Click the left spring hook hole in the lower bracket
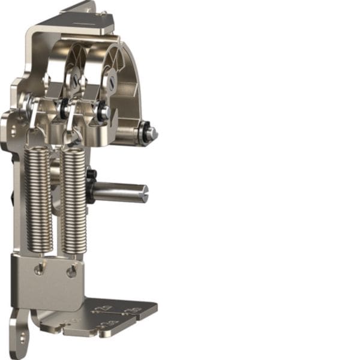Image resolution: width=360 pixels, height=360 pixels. pyautogui.click(x=39, y=270)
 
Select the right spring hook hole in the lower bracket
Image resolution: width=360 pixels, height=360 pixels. pyautogui.click(x=71, y=272)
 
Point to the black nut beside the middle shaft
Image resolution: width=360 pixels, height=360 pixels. pyautogui.click(x=91, y=175)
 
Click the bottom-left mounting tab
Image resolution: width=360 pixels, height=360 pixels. pyautogui.click(x=18, y=333)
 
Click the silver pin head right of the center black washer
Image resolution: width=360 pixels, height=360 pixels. pyautogui.click(x=104, y=112)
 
